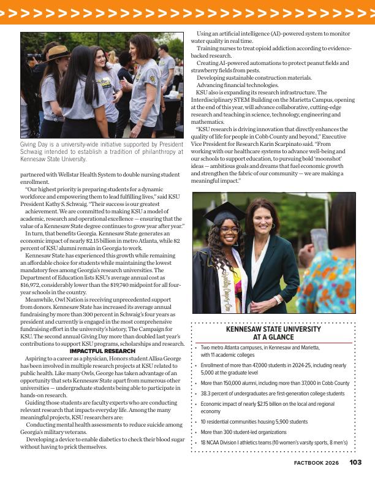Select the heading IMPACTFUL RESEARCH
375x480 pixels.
click(102, 351)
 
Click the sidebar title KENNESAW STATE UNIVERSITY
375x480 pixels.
click(273, 329)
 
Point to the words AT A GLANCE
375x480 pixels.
click(273, 337)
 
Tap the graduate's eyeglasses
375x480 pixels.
click(229, 230)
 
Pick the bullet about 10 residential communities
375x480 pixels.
click(254, 422)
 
